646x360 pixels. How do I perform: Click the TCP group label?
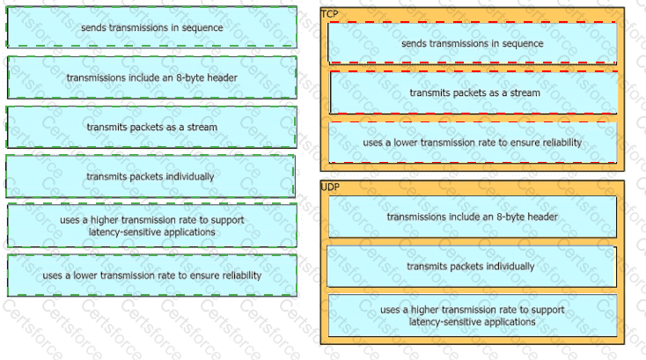(329, 13)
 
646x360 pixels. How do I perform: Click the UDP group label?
(330, 187)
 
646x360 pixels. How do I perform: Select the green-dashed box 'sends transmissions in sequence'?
(151, 27)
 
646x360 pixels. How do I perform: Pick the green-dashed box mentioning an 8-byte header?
(151, 77)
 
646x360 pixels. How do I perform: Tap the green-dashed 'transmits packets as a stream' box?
(151, 127)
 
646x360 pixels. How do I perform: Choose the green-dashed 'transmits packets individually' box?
(150, 176)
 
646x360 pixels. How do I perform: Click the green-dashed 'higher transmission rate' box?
(151, 225)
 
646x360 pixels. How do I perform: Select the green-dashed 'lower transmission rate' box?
(151, 276)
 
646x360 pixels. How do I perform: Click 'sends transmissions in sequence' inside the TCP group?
(472, 43)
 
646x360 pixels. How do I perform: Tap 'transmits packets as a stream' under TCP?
(473, 92)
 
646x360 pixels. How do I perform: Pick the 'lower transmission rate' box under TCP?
(472, 142)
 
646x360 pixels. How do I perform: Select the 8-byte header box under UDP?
(472, 217)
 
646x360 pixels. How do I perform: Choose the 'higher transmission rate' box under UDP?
(472, 315)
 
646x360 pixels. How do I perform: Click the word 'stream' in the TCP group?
(525, 92)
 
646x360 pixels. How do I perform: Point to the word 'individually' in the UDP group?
(510, 266)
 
